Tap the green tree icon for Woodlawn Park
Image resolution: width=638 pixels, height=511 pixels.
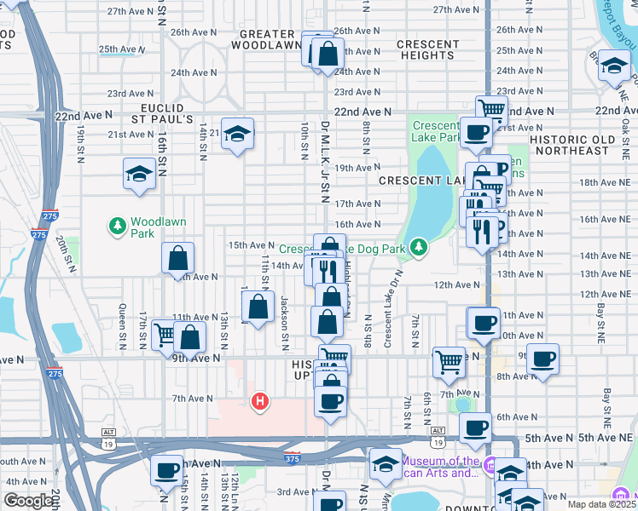click(118, 226)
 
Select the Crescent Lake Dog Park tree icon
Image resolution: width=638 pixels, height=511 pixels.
click(418, 248)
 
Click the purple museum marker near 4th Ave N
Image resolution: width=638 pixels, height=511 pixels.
click(490, 465)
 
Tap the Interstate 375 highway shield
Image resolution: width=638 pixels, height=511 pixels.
click(293, 457)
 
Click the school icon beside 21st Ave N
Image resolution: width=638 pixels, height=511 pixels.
click(238, 134)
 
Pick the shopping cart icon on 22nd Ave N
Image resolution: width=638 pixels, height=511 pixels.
click(491, 109)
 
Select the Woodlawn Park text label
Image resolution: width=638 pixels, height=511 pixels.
click(153, 226)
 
